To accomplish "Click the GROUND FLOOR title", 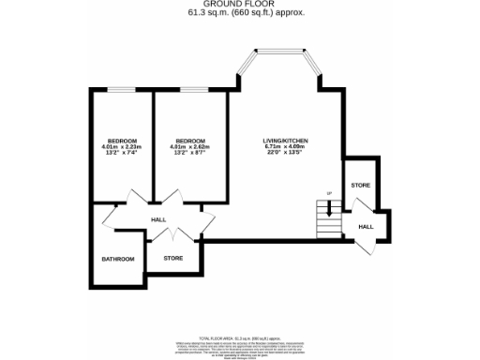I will (x=240, y=4).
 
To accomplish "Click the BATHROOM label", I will (x=118, y=259).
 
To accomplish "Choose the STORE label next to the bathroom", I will (x=172, y=257).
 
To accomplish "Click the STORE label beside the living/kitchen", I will (x=361, y=186).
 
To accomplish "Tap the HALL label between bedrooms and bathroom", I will (x=159, y=221).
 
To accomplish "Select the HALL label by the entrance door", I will (x=367, y=226).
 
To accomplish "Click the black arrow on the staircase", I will (x=329, y=210).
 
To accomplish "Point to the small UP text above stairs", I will (x=329, y=194).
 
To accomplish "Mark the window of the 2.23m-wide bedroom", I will (x=121, y=90).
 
